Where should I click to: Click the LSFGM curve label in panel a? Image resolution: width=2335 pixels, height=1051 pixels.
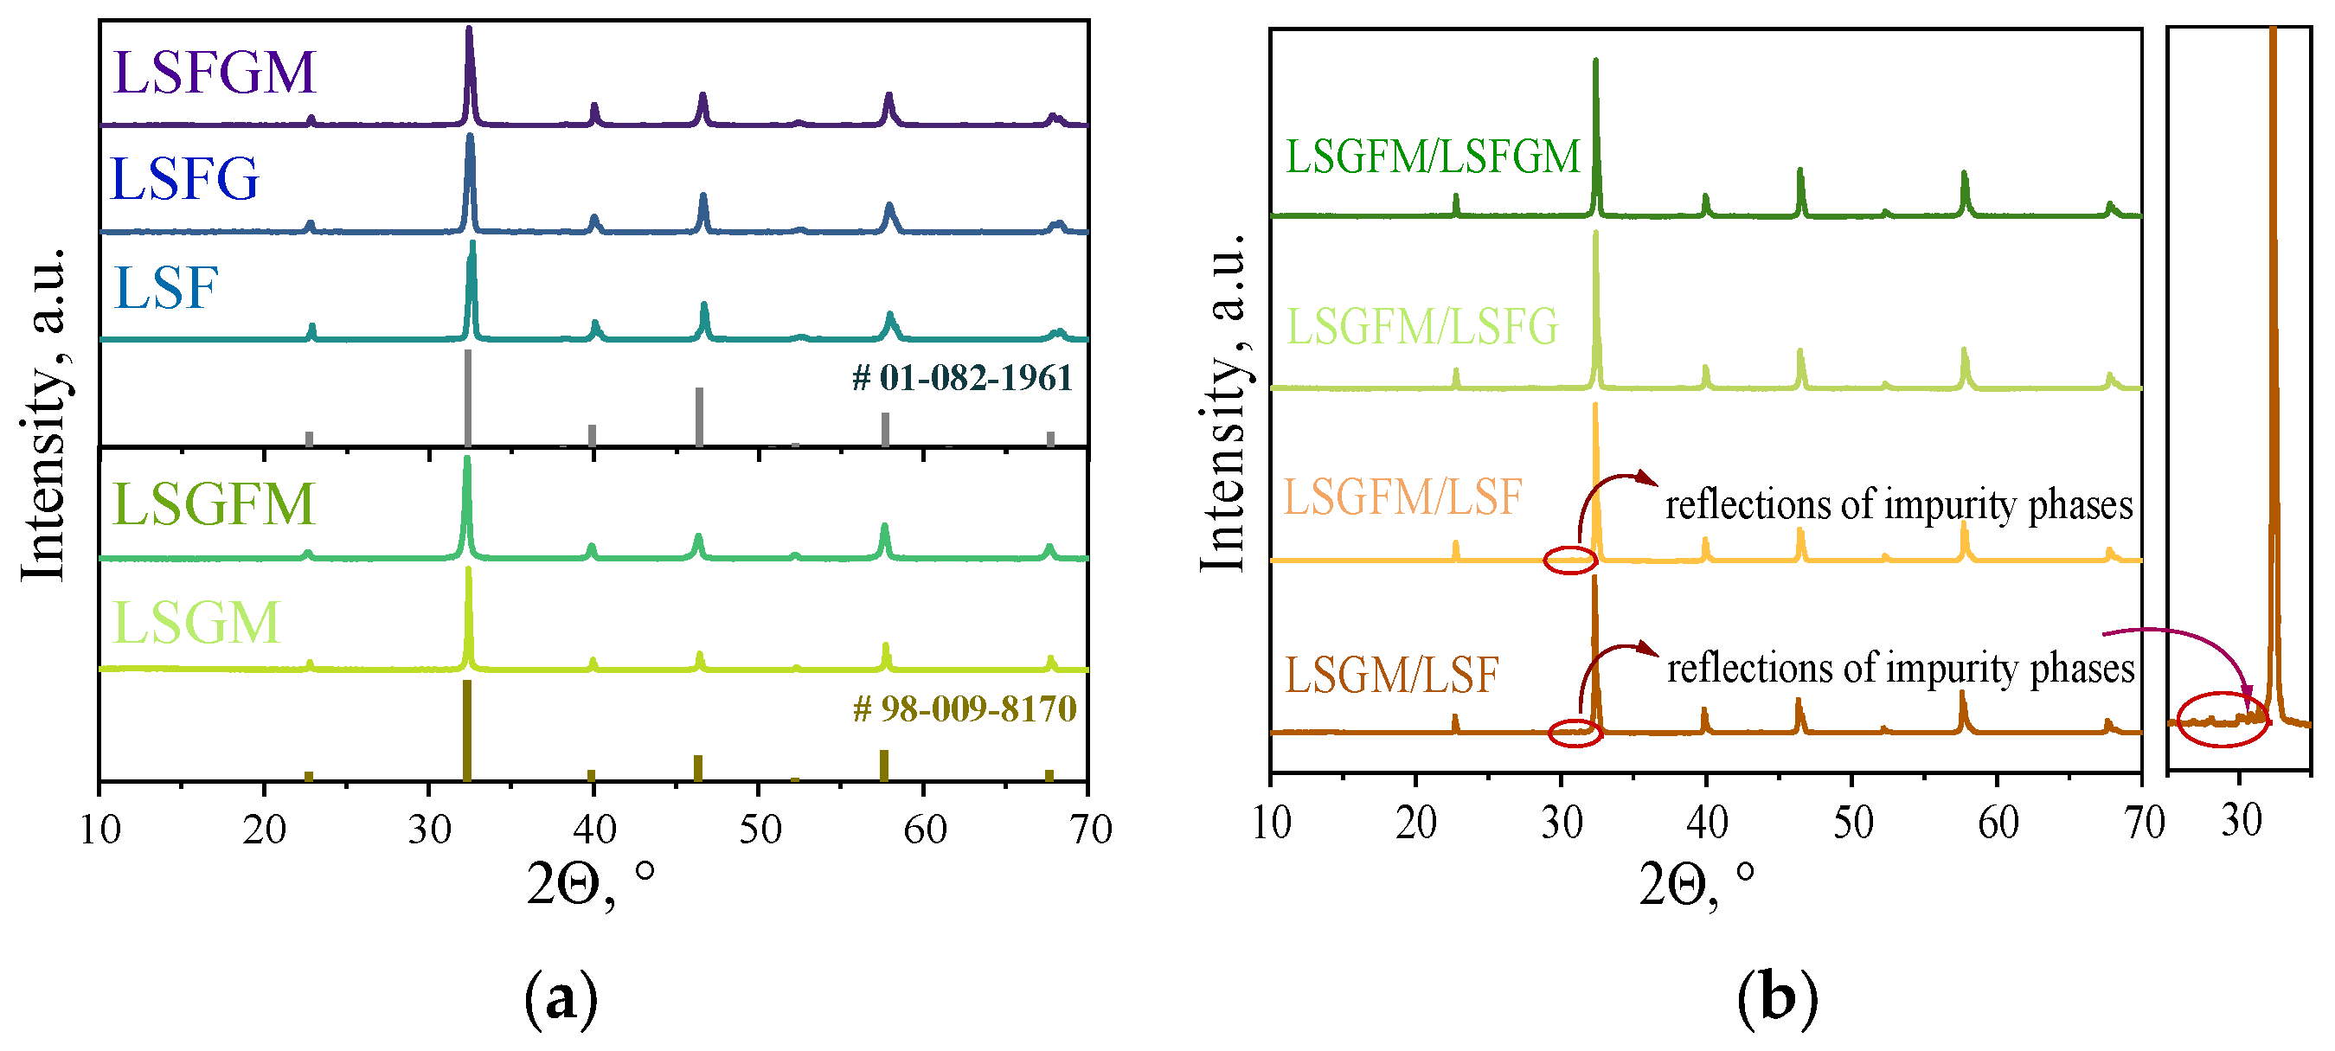coord(214,73)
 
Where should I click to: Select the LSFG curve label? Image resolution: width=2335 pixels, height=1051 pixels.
coord(184,178)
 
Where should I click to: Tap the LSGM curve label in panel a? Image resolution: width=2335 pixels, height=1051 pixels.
coord(197,623)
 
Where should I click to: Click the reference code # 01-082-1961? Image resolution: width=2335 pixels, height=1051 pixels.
coord(963,378)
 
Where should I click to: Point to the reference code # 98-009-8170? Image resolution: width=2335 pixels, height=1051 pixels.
coord(965,708)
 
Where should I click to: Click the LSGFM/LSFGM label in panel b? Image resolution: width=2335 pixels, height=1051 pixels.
coord(1433,156)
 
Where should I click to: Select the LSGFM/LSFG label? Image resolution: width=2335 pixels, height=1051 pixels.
coord(1422,326)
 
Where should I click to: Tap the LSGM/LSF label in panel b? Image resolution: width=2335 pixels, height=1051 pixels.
coord(1392,675)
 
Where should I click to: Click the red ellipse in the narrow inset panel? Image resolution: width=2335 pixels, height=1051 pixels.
coord(2222,720)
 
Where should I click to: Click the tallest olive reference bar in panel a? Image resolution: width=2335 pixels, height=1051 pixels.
coord(467,729)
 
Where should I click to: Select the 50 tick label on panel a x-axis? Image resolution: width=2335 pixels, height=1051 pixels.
coord(760,829)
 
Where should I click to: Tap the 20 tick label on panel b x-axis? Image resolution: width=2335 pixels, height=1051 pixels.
coord(1416,823)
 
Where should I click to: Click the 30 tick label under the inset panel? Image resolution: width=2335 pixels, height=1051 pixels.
coord(2242,820)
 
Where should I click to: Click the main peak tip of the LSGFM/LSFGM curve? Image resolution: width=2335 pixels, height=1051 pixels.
coord(1595,61)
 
